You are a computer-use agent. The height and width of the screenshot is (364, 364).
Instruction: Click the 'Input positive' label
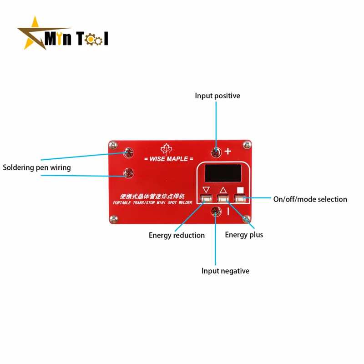217,96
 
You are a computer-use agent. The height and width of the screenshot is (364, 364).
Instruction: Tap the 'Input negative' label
225,271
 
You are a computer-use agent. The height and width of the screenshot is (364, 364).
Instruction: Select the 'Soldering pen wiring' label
37,167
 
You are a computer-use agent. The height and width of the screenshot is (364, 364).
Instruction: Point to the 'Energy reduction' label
177,235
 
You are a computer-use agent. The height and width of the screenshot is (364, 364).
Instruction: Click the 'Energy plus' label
244,235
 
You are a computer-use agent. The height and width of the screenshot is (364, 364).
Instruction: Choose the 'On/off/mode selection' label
310,199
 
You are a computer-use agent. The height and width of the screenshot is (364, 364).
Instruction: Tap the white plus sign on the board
228,152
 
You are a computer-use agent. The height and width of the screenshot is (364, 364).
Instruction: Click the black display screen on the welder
223,174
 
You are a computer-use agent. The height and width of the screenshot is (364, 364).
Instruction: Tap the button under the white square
239,197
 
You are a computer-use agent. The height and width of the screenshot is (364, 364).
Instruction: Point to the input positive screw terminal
216,151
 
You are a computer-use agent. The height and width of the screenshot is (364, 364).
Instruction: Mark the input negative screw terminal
216,211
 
